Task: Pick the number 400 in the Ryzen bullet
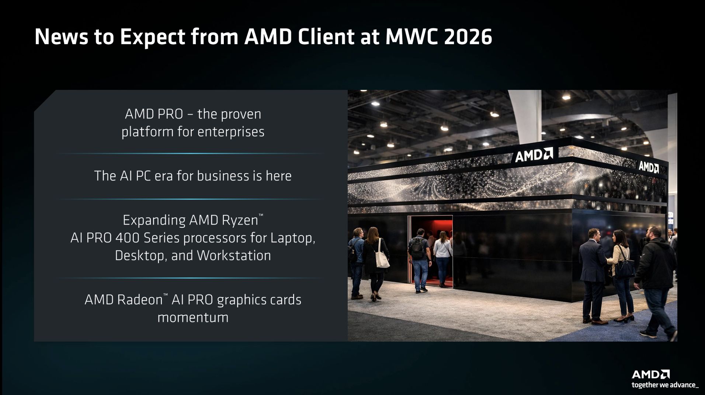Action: tap(128, 238)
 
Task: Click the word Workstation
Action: tap(234, 255)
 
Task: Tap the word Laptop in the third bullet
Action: tap(292, 238)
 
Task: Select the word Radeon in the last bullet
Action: tap(140, 300)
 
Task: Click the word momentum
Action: tap(193, 317)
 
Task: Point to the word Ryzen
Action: tap(240, 220)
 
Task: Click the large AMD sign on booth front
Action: tap(534, 155)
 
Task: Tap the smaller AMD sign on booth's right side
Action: tap(648, 167)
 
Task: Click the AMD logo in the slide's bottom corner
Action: tap(650, 374)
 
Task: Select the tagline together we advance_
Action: tap(665, 385)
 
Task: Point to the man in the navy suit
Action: tap(592, 273)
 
